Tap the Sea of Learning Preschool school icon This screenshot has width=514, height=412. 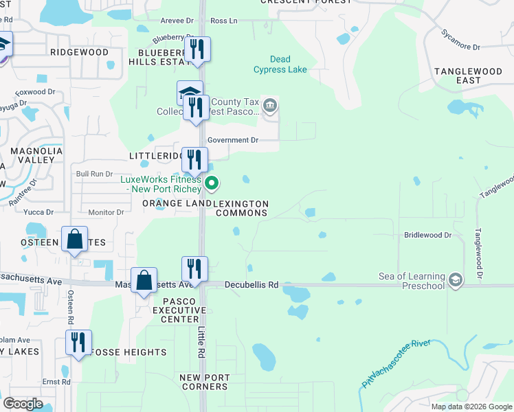coord(455,280)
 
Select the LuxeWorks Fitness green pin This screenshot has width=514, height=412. coord(212,183)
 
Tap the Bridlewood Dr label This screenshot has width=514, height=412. coord(427,235)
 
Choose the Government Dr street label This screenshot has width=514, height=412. coord(232,140)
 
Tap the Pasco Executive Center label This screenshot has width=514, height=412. coord(175,310)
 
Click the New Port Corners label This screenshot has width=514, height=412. coord(203,382)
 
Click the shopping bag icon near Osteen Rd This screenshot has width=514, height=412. coord(74,240)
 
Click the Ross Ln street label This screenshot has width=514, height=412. coord(223,21)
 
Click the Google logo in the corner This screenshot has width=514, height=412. coord(23,404)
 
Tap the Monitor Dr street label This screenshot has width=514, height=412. coord(106,212)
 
